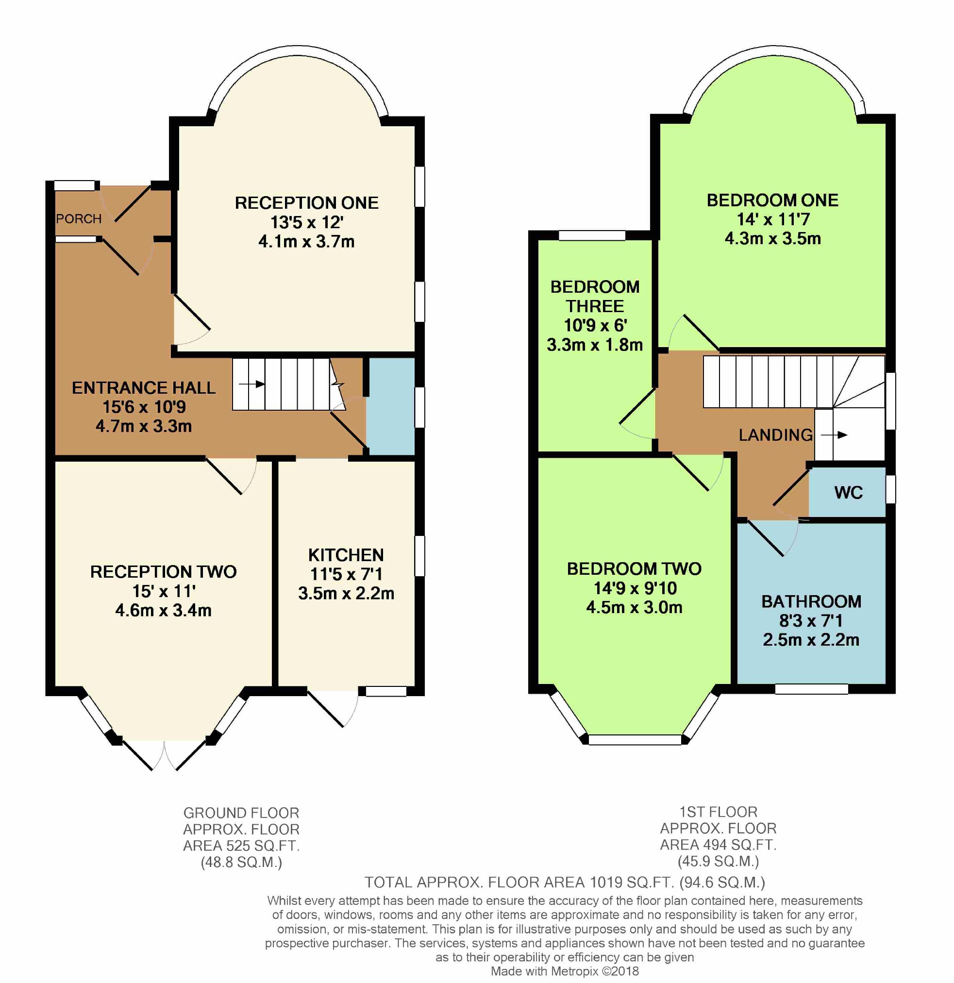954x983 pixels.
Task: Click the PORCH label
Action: [79, 218]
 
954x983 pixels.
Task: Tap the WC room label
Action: [848, 493]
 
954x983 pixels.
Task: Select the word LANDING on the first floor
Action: [775, 435]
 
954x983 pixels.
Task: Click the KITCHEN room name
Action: [346, 555]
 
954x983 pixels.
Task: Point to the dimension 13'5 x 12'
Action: [306, 222]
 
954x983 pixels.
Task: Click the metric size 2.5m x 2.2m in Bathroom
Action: [811, 640]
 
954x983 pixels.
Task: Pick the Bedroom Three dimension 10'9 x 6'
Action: [595, 326]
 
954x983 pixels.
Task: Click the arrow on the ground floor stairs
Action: [252, 384]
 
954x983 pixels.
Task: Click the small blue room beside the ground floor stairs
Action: [390, 406]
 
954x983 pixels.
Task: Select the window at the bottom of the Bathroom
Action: [811, 689]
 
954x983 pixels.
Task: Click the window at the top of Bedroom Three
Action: [592, 235]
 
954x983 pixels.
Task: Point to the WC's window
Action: [890, 489]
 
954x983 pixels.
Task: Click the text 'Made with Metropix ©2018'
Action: [565, 971]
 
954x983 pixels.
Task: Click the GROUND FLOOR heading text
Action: [241, 813]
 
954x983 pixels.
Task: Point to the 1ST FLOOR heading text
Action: [718, 812]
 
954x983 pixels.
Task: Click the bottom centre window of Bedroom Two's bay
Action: [635, 739]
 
